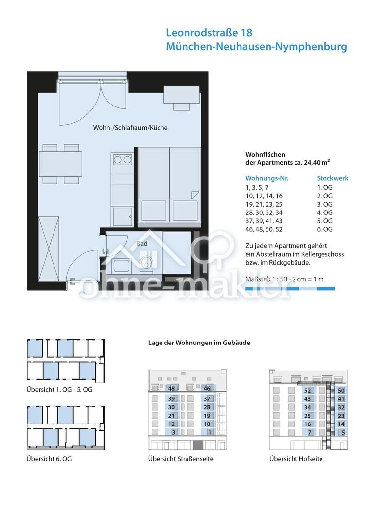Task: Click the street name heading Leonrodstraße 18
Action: click(209, 33)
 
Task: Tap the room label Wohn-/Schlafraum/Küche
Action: click(130, 128)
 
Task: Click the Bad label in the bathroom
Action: click(142, 243)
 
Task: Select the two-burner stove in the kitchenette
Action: click(122, 159)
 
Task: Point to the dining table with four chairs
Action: click(60, 164)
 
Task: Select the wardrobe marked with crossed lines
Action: click(49, 249)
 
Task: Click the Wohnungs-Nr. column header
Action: click(267, 178)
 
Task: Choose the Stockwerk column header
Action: click(332, 178)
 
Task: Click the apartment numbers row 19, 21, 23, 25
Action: click(264, 205)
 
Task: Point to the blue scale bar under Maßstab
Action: click(290, 289)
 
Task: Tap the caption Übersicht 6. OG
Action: click(50, 459)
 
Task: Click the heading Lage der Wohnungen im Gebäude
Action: click(199, 343)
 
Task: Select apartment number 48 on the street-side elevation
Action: click(171, 389)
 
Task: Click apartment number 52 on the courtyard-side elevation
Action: click(307, 391)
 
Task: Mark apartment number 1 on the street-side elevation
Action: click(209, 432)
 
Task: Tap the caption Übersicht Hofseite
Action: click(296, 459)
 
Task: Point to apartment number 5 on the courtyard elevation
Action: click(343, 433)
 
